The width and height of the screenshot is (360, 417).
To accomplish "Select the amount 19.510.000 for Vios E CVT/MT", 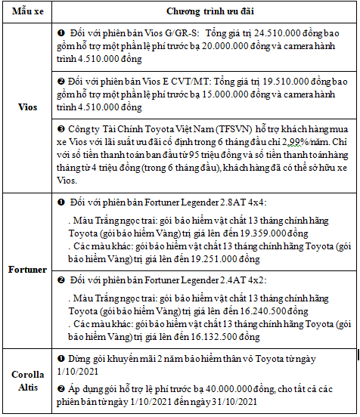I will tap(254, 79).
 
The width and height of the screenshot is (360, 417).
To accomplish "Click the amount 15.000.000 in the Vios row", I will tap(240, 90).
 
